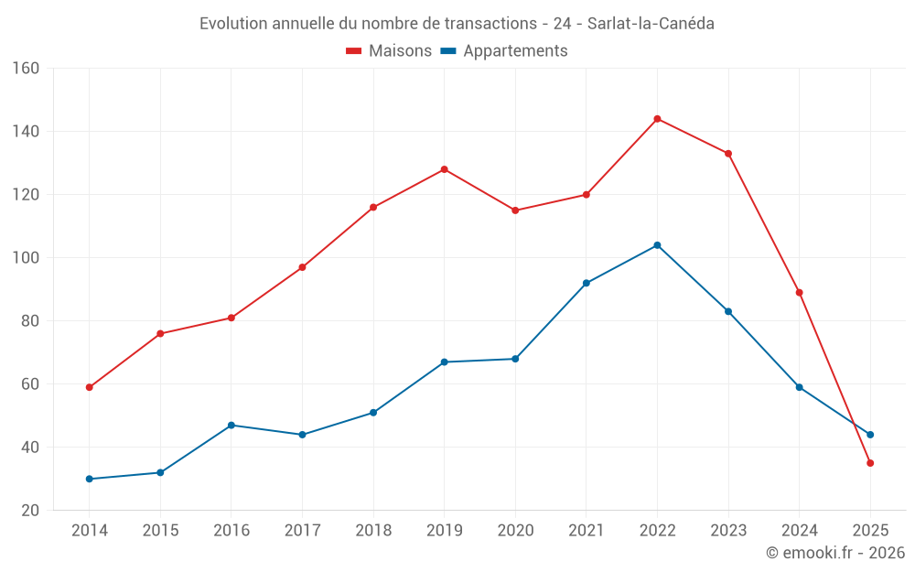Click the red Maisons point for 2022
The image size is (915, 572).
tap(657, 119)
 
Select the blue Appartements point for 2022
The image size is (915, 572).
tap(657, 245)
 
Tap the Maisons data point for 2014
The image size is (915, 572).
tap(89, 387)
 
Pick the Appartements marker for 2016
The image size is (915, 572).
tap(231, 426)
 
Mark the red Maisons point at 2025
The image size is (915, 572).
tap(870, 463)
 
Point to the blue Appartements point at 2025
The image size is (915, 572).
tap(870, 435)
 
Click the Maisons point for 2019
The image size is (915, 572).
tap(444, 169)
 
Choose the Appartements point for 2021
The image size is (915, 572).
tap(587, 283)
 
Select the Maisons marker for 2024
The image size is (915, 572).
tap(799, 293)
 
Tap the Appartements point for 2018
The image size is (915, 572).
tap(373, 413)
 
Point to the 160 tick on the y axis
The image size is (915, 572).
tap(27, 69)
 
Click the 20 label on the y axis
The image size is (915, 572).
tap(30, 511)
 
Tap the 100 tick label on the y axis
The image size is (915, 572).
tap(27, 258)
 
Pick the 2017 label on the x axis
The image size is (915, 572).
tap(302, 531)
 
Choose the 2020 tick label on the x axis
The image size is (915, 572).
tap(515, 531)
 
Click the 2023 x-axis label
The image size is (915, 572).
tap(728, 531)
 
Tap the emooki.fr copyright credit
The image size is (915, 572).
tap(835, 553)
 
